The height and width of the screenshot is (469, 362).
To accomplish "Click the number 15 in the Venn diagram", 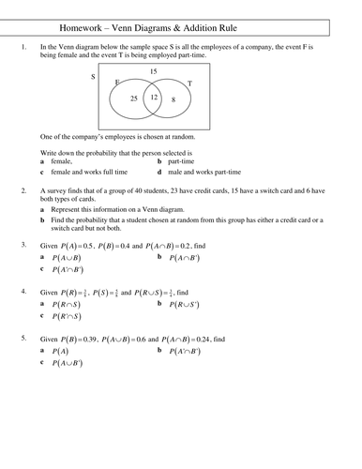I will [154, 71].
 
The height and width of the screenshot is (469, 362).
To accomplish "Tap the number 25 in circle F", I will [134, 98].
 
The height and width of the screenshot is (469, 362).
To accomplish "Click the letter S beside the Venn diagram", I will [92, 76].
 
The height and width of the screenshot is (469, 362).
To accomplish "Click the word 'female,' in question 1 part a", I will [66, 164].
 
